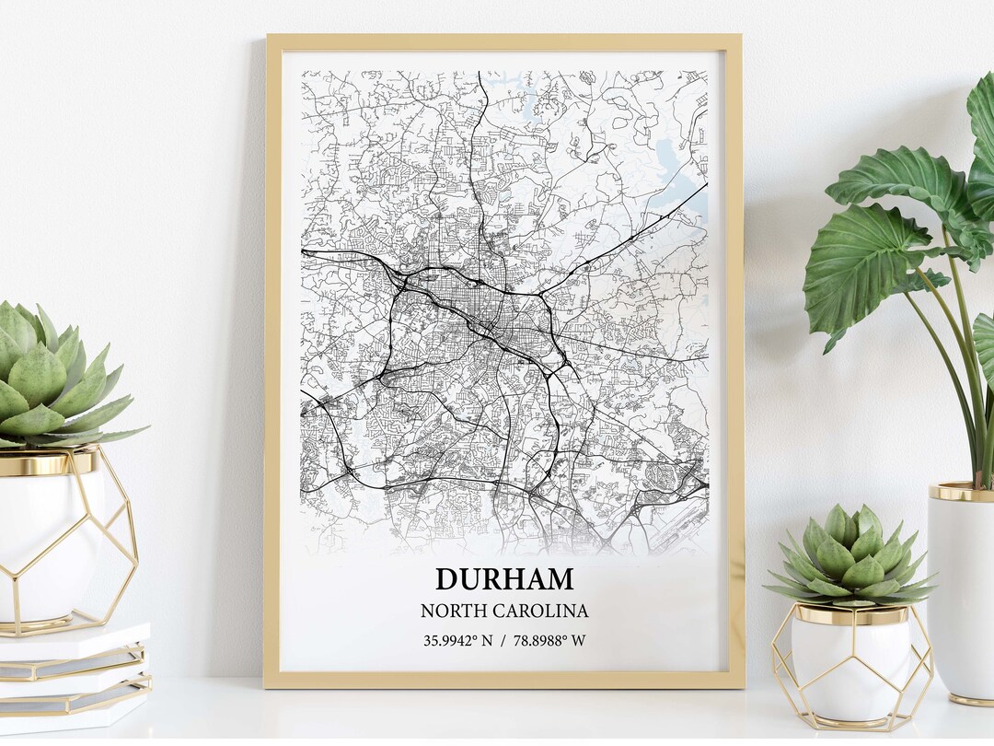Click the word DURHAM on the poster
[x=504, y=579]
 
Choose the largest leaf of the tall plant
[x=884, y=267]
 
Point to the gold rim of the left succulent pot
[x=46, y=463]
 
